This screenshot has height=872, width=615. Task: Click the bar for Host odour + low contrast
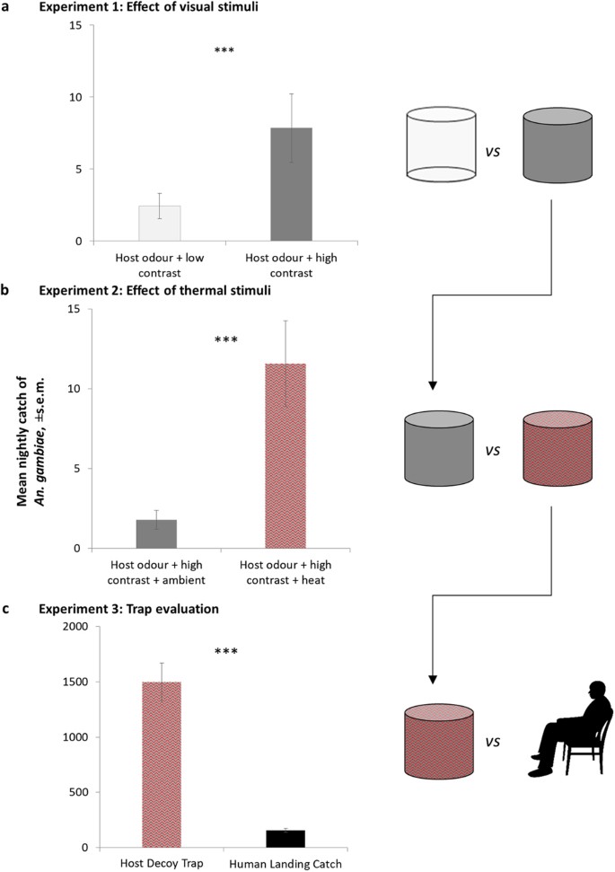[161, 224]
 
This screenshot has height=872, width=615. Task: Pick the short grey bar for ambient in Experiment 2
[156, 533]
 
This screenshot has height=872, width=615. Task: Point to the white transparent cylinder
[439, 143]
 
